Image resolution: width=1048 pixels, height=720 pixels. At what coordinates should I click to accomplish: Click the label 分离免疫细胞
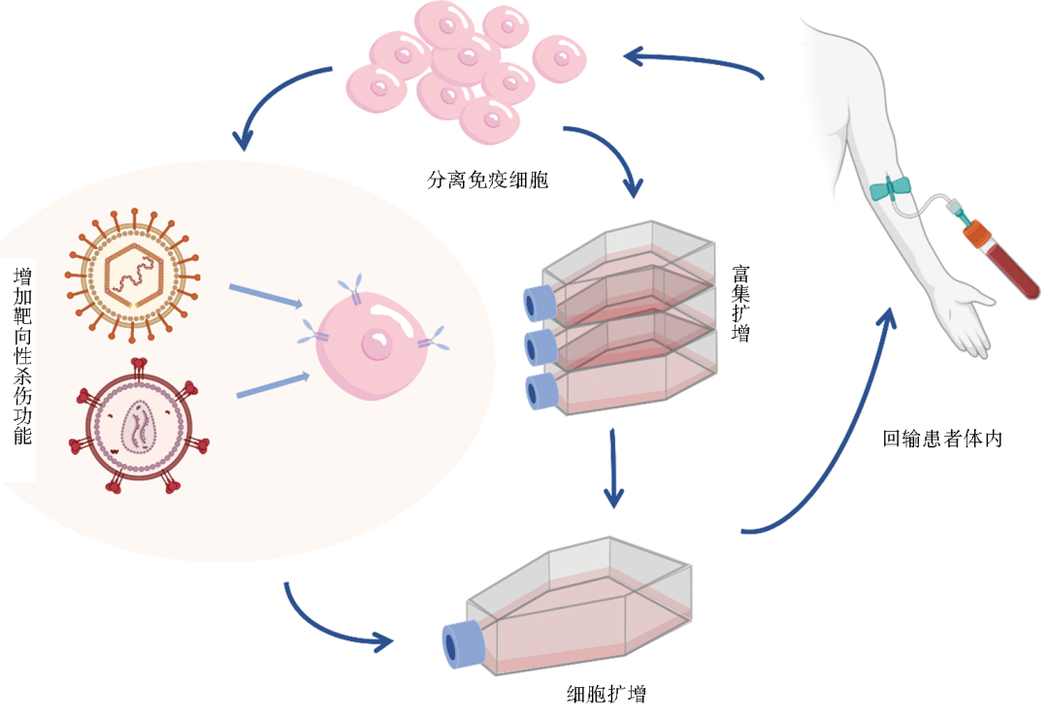click(487, 180)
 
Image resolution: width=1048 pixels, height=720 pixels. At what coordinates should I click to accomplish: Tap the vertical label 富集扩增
click(745, 304)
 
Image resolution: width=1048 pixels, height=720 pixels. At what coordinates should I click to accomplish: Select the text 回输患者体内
click(941, 438)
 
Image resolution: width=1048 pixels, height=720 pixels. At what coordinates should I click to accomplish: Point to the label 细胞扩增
click(607, 694)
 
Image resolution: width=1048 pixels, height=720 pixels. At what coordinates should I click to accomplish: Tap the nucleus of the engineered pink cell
click(376, 344)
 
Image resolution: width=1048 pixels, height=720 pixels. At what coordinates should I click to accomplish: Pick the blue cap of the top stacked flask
click(537, 303)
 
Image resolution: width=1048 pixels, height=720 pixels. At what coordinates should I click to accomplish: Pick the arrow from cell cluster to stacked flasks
click(611, 155)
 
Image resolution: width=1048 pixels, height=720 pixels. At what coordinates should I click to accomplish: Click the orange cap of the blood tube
click(976, 234)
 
